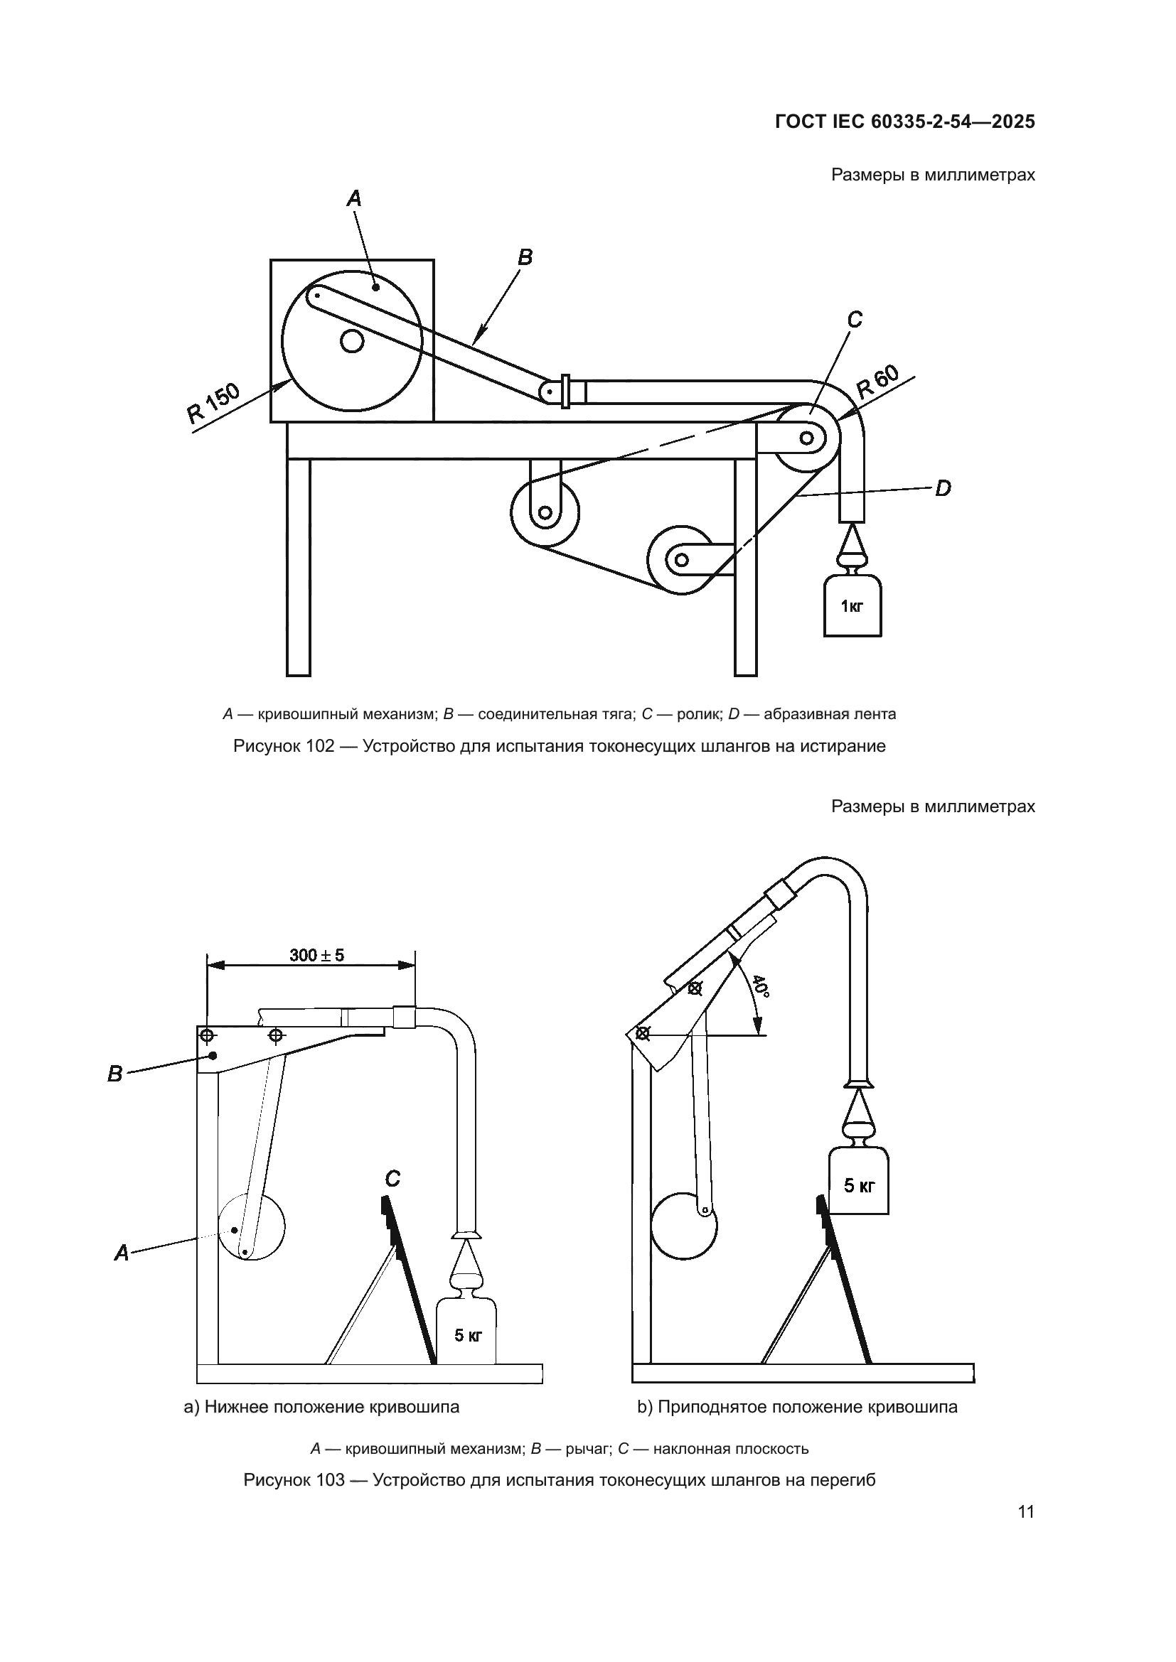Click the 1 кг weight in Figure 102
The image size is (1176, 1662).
(852, 606)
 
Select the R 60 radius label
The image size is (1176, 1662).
(877, 382)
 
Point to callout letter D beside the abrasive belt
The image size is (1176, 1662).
(942, 490)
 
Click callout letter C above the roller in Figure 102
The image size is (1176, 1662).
(855, 319)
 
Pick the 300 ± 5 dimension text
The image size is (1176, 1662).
(316, 956)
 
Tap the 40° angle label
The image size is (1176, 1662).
(759, 986)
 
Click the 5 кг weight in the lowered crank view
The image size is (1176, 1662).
(468, 1336)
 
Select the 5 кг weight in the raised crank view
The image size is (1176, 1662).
(859, 1186)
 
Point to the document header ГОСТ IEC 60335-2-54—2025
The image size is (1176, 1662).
(904, 122)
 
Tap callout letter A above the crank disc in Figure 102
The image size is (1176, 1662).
(354, 198)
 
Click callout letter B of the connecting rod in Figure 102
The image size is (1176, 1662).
(525, 257)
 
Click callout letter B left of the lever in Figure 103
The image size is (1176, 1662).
(115, 1074)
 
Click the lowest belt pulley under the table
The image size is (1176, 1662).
(680, 559)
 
